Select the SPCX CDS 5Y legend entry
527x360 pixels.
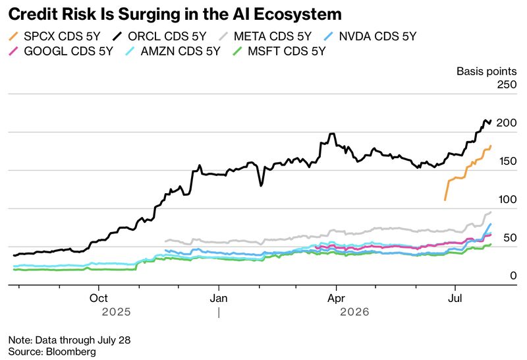click(x=55, y=36)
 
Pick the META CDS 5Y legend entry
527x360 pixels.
click(x=265, y=36)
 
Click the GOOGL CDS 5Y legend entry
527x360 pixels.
click(x=61, y=51)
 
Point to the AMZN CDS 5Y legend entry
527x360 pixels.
click(x=173, y=51)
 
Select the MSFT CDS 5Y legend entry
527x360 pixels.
click(x=279, y=51)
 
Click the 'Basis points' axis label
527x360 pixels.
click(x=486, y=71)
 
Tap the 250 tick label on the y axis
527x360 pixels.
click(x=507, y=84)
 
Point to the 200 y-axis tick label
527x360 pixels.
click(x=507, y=123)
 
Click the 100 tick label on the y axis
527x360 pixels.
click(x=507, y=200)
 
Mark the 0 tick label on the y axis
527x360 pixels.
click(x=513, y=276)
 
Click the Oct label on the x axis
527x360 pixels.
click(x=98, y=298)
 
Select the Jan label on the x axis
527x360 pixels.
click(x=219, y=298)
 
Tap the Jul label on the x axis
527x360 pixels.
click(x=455, y=298)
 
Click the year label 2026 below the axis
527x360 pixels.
click(x=354, y=312)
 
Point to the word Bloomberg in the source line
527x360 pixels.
click(x=71, y=352)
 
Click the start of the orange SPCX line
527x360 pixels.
click(x=445, y=200)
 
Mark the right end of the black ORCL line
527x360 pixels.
click(x=491, y=121)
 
